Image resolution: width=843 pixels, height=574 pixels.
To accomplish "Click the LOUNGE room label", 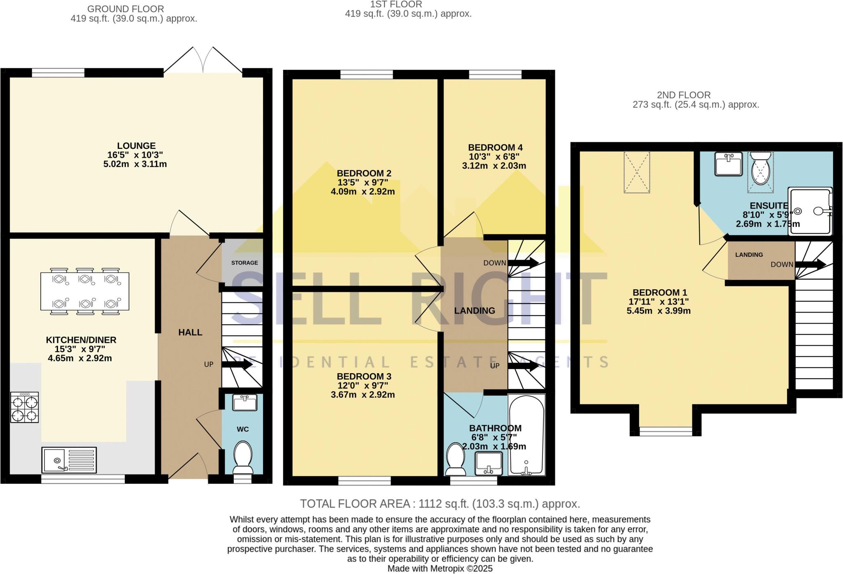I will pyautogui.click(x=136, y=146).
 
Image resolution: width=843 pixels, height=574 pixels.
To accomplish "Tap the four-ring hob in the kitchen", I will pyautogui.click(x=25, y=407).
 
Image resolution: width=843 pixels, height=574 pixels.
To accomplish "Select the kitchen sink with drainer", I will pyautogui.click(x=69, y=460).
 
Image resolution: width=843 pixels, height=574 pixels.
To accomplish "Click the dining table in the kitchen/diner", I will pyautogui.click(x=84, y=291).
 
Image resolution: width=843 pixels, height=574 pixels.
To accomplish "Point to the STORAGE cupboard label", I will pyautogui.click(x=245, y=263).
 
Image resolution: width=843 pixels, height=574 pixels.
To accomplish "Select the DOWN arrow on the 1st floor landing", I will pyautogui.click(x=523, y=263).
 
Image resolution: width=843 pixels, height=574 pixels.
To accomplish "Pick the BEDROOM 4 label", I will pyautogui.click(x=495, y=147).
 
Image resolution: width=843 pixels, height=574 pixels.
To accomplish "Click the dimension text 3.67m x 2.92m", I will pyautogui.click(x=363, y=395).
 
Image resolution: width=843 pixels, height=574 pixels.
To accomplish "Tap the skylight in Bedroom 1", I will pyautogui.click(x=637, y=172).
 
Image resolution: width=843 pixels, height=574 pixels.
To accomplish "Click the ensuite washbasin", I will pyautogui.click(x=728, y=164).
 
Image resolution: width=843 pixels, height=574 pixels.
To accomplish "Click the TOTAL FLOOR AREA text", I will pyautogui.click(x=440, y=504).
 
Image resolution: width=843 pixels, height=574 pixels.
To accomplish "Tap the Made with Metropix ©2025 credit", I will pyautogui.click(x=440, y=569).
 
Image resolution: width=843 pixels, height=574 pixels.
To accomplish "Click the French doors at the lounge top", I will pyautogui.click(x=203, y=62).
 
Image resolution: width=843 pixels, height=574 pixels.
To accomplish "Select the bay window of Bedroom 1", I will pyautogui.click(x=666, y=431).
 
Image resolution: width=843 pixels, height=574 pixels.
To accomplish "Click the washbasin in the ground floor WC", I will pyautogui.click(x=245, y=402).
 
